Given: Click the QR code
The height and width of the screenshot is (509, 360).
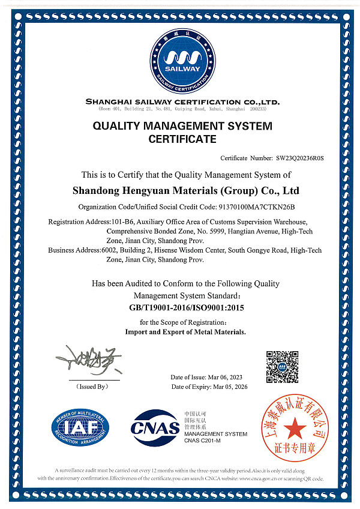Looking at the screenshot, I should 282,367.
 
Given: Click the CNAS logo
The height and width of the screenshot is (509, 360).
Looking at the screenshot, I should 155,427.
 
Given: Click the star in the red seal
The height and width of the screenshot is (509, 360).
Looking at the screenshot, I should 295,429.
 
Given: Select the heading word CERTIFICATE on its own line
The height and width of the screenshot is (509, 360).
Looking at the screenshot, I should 182,139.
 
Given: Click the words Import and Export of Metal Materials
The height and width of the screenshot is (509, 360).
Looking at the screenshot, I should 185,332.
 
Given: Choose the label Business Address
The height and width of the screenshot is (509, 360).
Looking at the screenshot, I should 74,250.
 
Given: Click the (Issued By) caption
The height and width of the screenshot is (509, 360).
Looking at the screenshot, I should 92,387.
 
